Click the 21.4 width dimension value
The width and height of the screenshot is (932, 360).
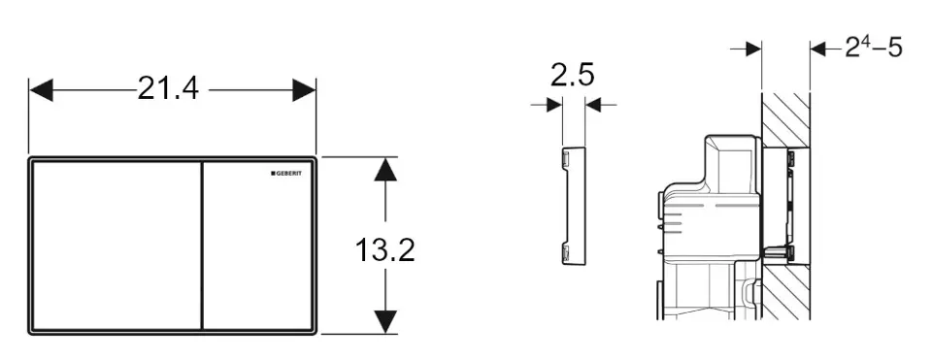pos(168,89)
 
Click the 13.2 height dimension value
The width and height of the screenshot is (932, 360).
pos(385,249)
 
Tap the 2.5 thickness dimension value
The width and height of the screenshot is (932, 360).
pos(573,75)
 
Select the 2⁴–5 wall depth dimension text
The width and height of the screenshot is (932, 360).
pos(873,49)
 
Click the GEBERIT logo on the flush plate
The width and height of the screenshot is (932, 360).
pos(286,173)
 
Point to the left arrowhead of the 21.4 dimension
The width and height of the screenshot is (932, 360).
pos(41,90)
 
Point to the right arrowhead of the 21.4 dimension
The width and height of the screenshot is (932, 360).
pos(304,90)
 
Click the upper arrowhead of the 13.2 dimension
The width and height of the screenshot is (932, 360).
pos(385,169)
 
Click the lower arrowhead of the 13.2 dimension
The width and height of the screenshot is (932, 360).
pos(385,322)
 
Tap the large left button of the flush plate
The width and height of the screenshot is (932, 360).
pos(116,245)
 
